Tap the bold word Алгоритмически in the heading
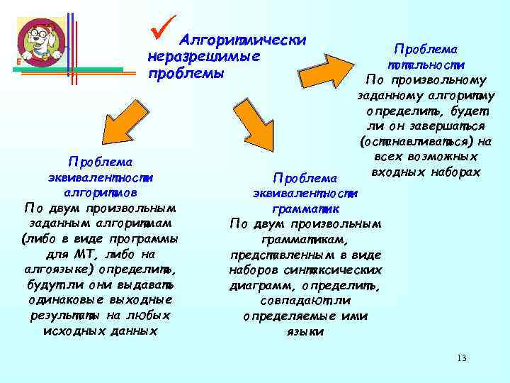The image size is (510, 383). pos(243,40)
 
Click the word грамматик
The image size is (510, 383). pos(305,209)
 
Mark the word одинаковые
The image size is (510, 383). pos(64,300)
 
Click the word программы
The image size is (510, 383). pos(145,239)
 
